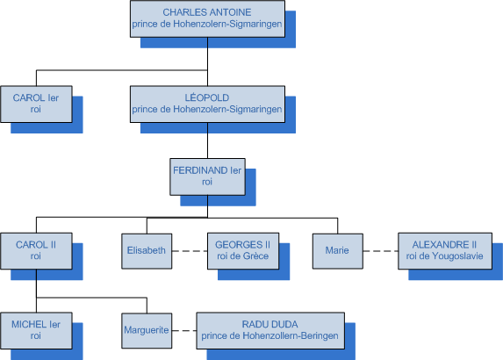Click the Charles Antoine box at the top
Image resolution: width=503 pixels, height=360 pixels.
[x=207, y=18]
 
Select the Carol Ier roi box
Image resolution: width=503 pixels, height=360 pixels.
[x=36, y=104]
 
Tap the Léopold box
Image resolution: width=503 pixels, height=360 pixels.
[x=207, y=104]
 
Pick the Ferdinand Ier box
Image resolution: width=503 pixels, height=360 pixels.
[x=207, y=176]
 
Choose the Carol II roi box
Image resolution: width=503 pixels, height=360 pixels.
[x=36, y=251]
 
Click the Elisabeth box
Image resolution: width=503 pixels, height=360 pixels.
[x=147, y=251]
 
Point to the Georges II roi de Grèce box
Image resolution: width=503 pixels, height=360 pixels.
[x=243, y=251]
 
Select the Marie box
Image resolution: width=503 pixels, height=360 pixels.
[x=338, y=251]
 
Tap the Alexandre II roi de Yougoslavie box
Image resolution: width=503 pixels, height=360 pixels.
[x=445, y=251]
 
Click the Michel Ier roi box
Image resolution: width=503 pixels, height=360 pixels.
[x=36, y=330]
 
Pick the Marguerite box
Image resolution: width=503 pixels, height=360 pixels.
[x=147, y=330]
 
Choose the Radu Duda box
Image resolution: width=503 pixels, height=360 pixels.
[x=270, y=330]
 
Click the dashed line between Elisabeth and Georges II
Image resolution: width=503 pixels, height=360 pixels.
[x=190, y=251]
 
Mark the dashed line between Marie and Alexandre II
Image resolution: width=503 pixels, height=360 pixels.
[x=380, y=251]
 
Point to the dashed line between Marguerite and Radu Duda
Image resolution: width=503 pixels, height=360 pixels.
[x=184, y=330]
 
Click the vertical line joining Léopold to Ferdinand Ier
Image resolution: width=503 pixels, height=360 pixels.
[x=207, y=140]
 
